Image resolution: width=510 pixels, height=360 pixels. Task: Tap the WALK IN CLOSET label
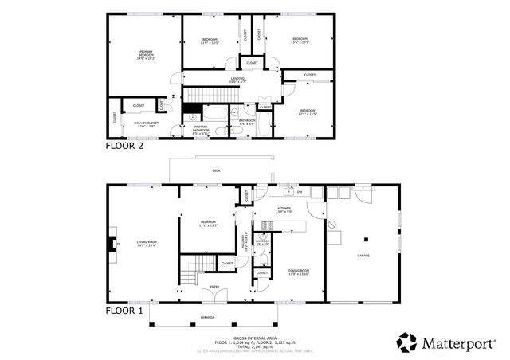[x=146, y=124]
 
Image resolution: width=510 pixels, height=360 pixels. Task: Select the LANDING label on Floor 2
[x=237, y=79]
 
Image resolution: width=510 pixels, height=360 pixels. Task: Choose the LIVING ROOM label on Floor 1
[x=146, y=245]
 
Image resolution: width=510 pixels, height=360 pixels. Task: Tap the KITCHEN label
[x=284, y=209]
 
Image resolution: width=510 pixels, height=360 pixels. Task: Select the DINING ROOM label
[x=299, y=272]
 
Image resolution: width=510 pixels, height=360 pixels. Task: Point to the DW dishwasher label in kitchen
[x=299, y=192]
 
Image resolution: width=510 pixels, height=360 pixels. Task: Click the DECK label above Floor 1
[x=216, y=171]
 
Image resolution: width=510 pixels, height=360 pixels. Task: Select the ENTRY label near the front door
[x=214, y=287]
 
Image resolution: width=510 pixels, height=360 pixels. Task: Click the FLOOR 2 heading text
[x=125, y=147]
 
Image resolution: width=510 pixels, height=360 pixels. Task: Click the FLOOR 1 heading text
[x=124, y=311]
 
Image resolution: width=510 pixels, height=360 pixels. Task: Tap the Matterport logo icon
[x=406, y=342]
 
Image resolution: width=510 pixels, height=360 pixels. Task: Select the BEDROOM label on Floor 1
[x=208, y=224]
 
